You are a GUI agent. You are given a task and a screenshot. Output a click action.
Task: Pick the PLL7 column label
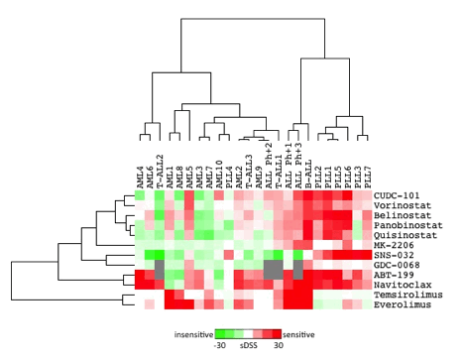[x=366, y=174]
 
